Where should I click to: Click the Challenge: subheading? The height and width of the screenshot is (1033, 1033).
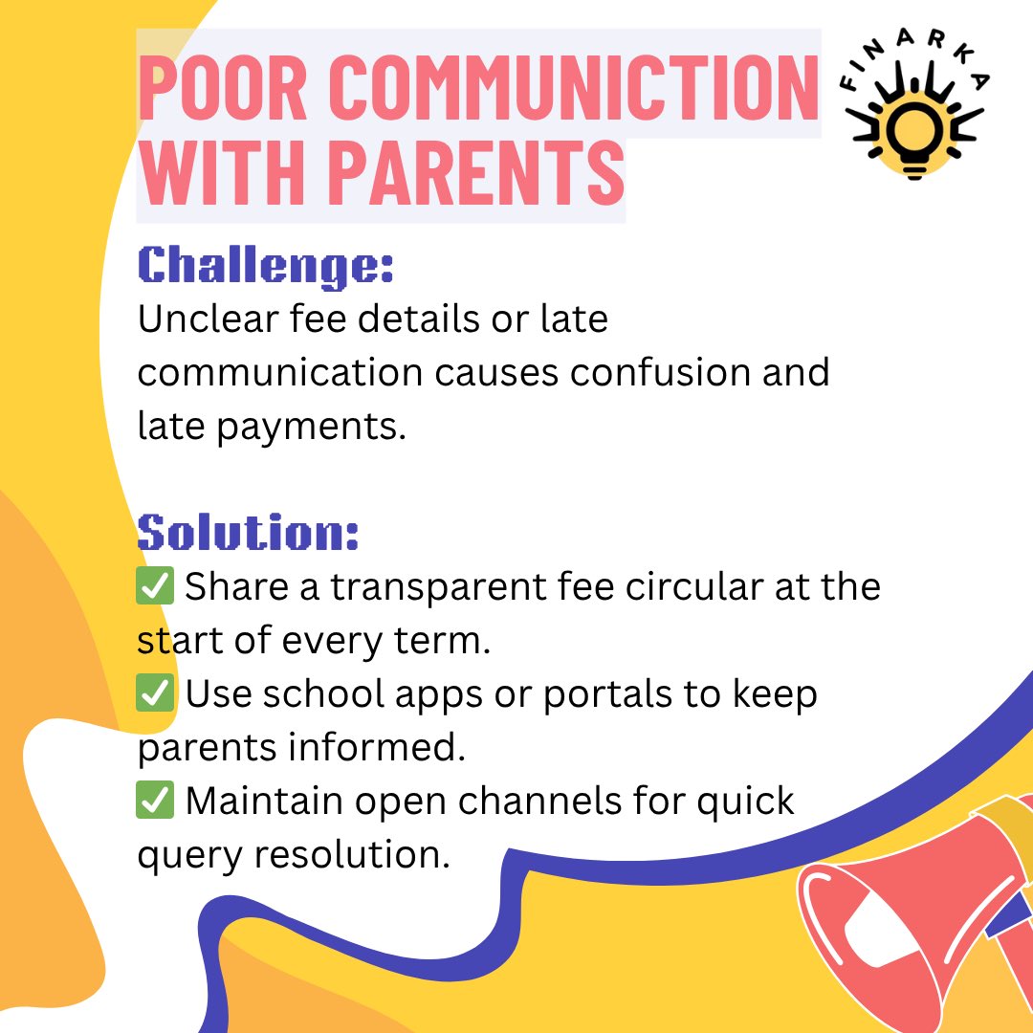point(266,267)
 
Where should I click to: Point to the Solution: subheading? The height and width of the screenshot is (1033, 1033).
point(249,532)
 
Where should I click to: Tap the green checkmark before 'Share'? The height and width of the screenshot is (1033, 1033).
point(155,586)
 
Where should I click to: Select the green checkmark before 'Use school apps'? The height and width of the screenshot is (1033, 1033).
point(155,693)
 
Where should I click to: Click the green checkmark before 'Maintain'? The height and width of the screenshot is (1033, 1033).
point(155,801)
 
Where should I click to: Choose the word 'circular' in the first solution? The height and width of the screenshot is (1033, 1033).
point(697,586)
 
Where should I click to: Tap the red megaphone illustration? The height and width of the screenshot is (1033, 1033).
point(918,918)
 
